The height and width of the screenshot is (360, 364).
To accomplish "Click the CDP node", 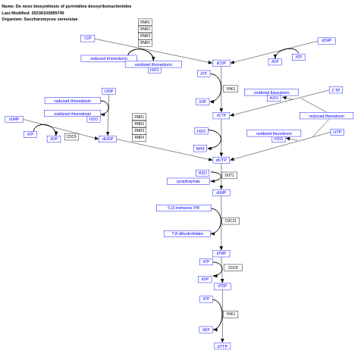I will pyautogui.click(x=88, y=38).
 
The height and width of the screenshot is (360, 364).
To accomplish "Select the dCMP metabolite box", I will pyautogui.click(x=326, y=41).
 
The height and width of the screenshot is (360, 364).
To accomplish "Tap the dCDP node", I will pyautogui.click(x=221, y=63).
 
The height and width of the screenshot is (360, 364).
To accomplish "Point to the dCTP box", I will pyautogui.click(x=221, y=115).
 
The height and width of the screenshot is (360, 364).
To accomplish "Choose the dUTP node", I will pyautogui.click(x=221, y=160).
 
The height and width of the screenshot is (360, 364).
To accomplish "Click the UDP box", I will pyautogui.click(x=108, y=91).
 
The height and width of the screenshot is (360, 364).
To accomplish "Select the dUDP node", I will pyautogui.click(x=108, y=139).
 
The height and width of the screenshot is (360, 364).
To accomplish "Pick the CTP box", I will pyautogui.click(x=335, y=90).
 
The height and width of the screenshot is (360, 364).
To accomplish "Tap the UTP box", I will pyautogui.click(x=337, y=132).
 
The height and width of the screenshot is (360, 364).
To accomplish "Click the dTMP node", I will pyautogui.click(x=221, y=253).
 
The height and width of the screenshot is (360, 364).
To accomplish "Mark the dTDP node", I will pyautogui.click(x=222, y=286).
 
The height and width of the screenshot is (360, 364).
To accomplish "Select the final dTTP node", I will pyautogui.click(x=221, y=346).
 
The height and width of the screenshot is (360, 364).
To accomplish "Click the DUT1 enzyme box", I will pyautogui.click(x=229, y=175).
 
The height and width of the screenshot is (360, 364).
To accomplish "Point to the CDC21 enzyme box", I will pyautogui.click(x=231, y=221).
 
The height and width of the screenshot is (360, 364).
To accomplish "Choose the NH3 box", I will pyautogui.click(x=200, y=149).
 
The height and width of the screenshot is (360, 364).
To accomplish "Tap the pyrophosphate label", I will pyautogui.click(x=188, y=181).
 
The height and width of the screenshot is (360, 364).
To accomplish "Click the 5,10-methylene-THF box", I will pyautogui.click(x=184, y=208).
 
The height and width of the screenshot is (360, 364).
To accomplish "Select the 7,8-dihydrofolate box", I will pyautogui.click(x=187, y=233).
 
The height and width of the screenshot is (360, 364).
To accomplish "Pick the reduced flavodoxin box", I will pyautogui.click(x=326, y=116).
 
